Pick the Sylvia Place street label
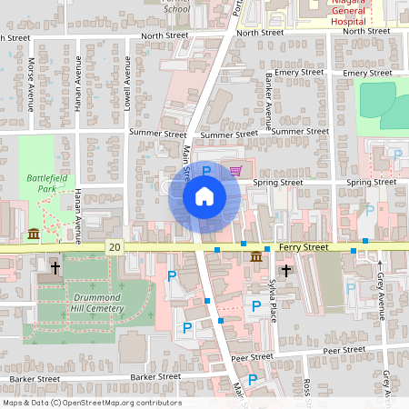coord(272,301)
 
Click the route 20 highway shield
coord(114,246)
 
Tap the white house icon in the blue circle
coord(204,196)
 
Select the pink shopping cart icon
coord(235,170)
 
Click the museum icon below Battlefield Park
coord(34,234)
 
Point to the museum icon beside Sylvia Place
coord(258,256)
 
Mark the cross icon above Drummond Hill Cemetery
coord(56,267)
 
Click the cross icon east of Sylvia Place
coord(286,270)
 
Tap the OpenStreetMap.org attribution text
coord(92,403)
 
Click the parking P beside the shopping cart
coord(206,170)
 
